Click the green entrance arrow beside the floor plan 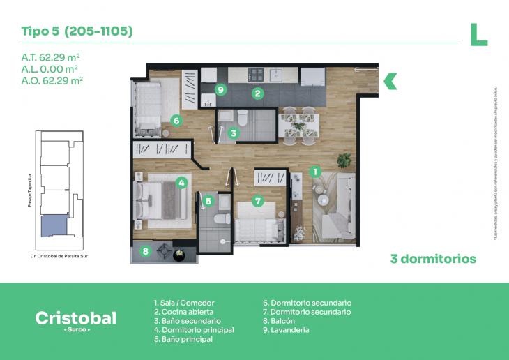point(390,81)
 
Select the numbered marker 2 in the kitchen point(257,93)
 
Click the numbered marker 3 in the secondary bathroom point(234,132)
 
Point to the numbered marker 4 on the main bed point(181,183)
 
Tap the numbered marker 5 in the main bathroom point(208,201)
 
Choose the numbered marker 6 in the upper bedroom point(176,120)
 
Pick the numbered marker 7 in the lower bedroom point(257,201)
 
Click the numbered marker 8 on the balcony point(146,251)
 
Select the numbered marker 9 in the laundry point(220,89)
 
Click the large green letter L point(478,34)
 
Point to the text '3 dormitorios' point(433,259)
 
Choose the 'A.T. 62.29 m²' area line point(49,57)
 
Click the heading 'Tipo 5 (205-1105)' point(77,31)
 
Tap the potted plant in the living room point(344,160)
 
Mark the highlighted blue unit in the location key point(54,225)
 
